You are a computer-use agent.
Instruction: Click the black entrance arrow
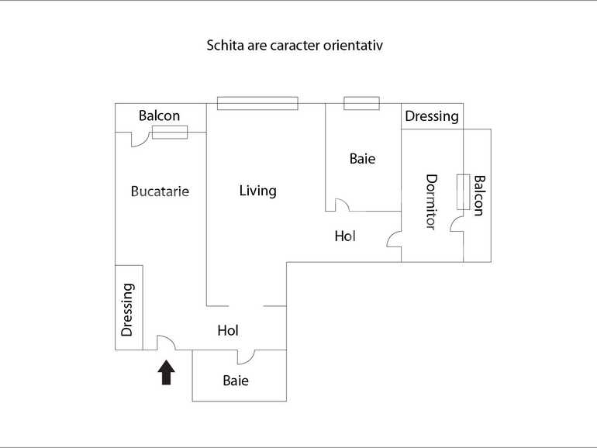167,372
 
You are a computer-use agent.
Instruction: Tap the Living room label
257,191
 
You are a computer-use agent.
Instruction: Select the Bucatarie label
160,191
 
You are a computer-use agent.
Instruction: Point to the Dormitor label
431,202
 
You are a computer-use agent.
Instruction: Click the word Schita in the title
226,45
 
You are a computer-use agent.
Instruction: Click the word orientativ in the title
353,45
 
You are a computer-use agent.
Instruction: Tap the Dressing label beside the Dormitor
432,116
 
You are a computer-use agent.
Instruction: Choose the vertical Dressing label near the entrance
128,310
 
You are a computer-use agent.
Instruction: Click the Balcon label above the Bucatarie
159,115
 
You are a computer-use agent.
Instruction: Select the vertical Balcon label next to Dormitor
479,195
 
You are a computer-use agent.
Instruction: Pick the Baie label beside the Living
363,158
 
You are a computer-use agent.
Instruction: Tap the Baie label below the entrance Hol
236,381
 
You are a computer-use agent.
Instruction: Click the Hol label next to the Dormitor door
345,236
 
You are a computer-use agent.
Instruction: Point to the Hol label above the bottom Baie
228,330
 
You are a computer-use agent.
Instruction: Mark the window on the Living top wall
257,103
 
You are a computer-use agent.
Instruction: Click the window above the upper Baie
362,103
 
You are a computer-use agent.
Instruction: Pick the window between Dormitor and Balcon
464,192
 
